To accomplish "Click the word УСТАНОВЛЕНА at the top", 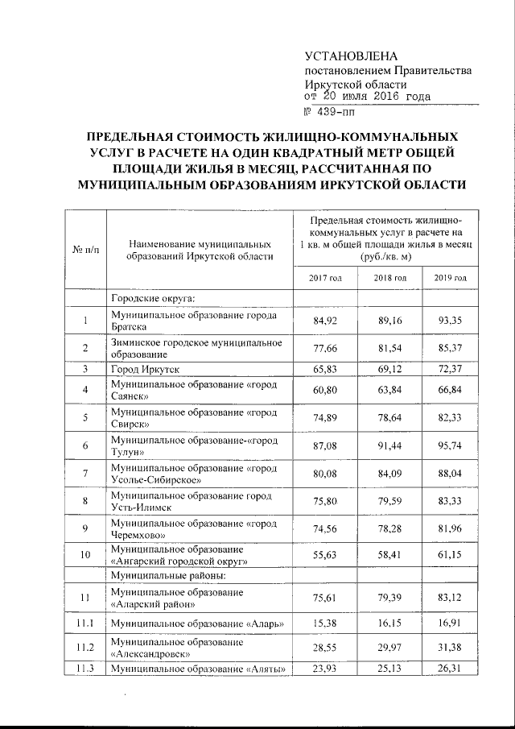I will click(352, 56).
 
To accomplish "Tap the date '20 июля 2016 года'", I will click(375, 97).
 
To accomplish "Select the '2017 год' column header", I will click(326, 278).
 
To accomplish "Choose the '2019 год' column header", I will click(450, 278).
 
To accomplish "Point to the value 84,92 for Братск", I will click(326, 322).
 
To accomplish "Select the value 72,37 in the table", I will click(450, 369).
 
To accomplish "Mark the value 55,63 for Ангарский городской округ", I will click(326, 556).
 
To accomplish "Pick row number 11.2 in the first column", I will click(85, 649).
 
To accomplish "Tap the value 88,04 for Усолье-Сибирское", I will click(450, 474).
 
